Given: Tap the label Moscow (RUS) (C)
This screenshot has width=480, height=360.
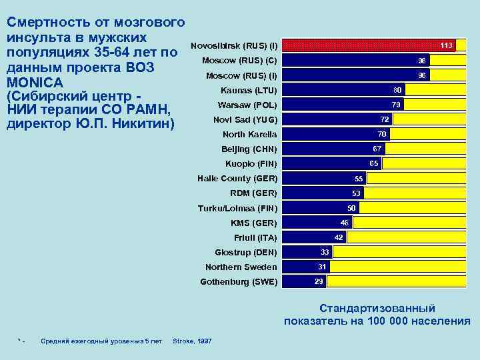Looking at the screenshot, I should (x=239, y=61).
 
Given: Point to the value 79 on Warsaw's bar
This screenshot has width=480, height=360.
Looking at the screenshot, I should (x=395, y=105).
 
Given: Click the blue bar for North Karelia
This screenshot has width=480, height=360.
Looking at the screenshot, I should (x=327, y=134).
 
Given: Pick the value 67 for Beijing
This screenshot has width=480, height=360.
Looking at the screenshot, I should (x=377, y=149).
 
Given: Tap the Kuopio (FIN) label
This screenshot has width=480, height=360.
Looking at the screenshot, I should (x=251, y=163).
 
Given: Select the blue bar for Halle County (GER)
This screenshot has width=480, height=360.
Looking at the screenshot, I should (x=317, y=178).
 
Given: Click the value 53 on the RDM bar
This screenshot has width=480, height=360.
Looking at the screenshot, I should (x=356, y=193).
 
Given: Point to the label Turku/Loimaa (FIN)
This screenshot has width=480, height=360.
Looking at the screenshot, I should (x=237, y=208).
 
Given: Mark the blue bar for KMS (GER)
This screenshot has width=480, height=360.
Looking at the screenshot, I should (x=310, y=223).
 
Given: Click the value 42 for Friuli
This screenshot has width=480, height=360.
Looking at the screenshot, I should (x=339, y=237).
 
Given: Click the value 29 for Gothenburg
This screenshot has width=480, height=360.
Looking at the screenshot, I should (x=319, y=281).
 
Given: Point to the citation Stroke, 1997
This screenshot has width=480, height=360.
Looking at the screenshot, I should (x=192, y=341).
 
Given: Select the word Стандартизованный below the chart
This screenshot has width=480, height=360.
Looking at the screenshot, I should (x=377, y=308).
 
